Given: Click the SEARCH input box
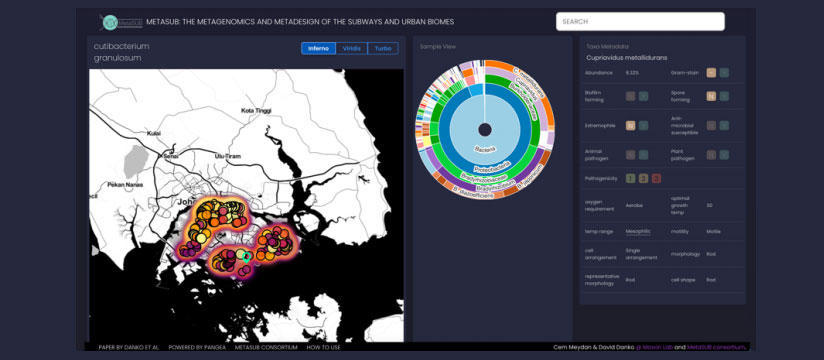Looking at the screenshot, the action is (x=640, y=21).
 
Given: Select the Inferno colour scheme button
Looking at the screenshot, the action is (x=318, y=48).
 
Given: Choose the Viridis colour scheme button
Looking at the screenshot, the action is (x=351, y=48).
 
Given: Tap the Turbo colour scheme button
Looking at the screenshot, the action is (x=382, y=48).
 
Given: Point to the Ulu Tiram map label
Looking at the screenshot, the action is (x=228, y=156).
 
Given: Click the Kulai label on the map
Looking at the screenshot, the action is (x=154, y=132).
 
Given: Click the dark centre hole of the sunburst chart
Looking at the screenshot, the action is (x=484, y=130).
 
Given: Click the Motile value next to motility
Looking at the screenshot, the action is (x=713, y=231).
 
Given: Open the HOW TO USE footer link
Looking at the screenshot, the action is (x=323, y=347).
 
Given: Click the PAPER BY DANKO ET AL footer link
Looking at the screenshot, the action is (x=127, y=347).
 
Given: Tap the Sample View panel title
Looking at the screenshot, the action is (x=438, y=46).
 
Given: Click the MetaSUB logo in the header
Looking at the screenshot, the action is (x=122, y=21).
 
